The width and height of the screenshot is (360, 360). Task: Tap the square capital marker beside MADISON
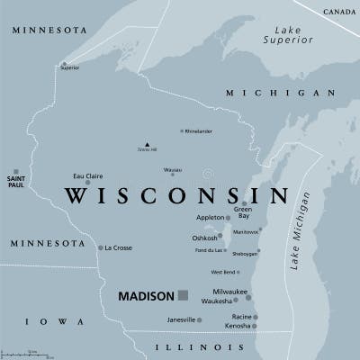(x=183, y=294)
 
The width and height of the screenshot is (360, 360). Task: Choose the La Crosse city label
(x=118, y=247)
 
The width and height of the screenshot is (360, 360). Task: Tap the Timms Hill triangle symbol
(x=146, y=144)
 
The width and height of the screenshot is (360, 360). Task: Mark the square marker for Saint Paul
(x=15, y=171)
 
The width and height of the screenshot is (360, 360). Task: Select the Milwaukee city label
(x=229, y=292)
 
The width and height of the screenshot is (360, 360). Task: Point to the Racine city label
(x=240, y=316)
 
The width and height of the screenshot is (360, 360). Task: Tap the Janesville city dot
(x=199, y=319)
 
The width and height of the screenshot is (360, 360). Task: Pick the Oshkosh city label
(x=205, y=238)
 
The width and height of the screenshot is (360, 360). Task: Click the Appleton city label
(x=209, y=218)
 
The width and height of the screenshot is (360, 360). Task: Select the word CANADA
(x=339, y=10)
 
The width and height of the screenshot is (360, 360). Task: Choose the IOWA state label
(x=43, y=321)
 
